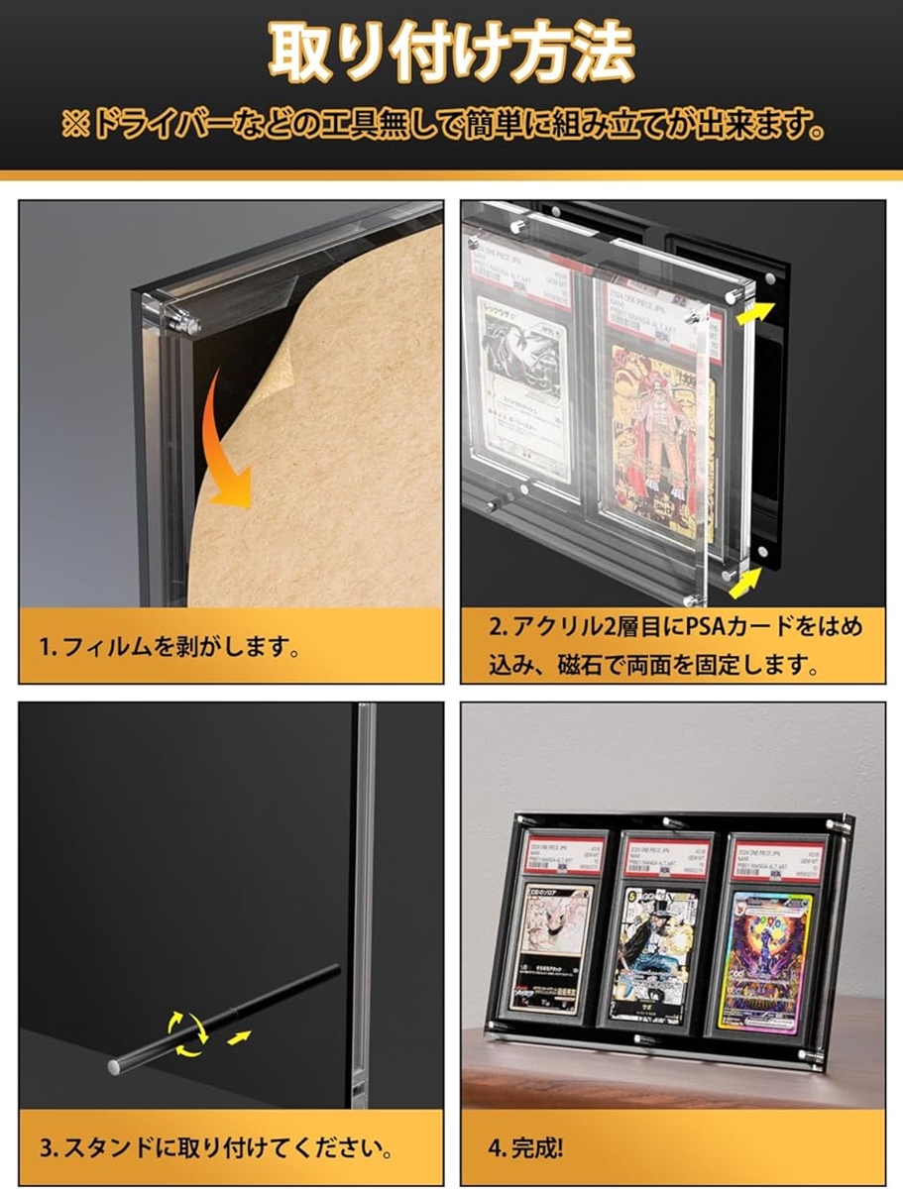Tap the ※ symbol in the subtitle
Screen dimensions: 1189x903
tap(76, 127)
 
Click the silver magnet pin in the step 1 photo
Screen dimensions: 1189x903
tap(182, 320)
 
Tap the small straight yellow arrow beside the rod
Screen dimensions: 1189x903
tap(239, 1037)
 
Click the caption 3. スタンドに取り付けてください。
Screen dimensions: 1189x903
tap(214, 1150)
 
